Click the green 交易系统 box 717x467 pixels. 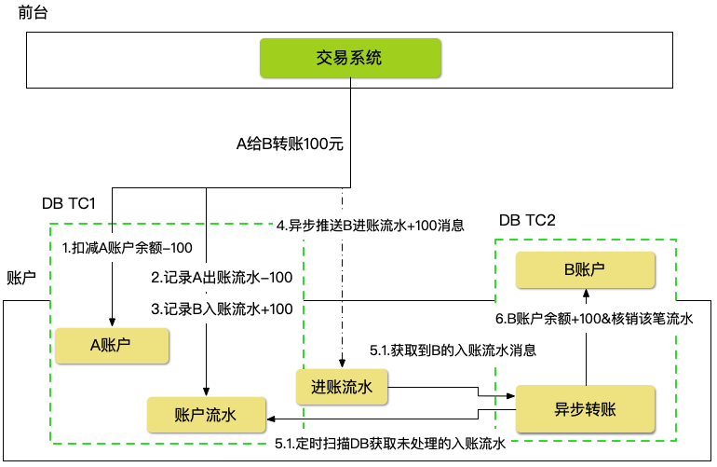[349, 59]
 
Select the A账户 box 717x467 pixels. [111, 345]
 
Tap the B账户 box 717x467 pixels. [585, 270]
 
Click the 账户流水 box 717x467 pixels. [205, 415]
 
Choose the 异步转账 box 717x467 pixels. [585, 409]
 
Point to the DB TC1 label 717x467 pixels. [70, 203]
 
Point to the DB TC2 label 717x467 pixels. [527, 220]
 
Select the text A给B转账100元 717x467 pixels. [290, 144]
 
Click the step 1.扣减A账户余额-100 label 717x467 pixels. [127, 248]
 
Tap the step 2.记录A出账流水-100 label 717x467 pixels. [222, 278]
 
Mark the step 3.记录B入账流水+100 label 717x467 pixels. [222, 309]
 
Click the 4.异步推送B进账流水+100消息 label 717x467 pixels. [371, 225]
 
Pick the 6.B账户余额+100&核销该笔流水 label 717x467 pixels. [594, 319]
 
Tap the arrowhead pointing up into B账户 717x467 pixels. [586, 295]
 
